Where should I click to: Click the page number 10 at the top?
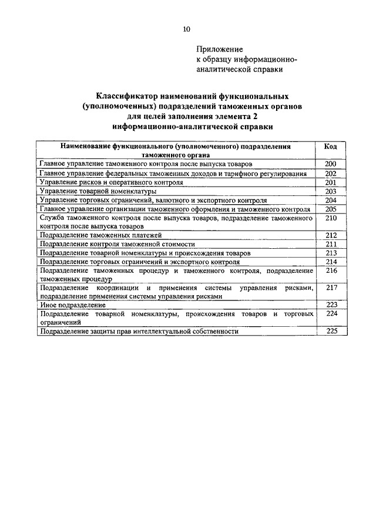tap(187, 29)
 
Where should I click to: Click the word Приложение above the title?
tap(219, 50)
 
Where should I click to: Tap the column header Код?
tap(330, 146)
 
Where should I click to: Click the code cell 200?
tap(330, 165)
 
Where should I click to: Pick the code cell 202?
tap(330, 174)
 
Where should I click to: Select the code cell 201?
tap(330, 182)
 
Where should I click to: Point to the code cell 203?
tap(330, 191)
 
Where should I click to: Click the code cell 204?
tap(330, 199)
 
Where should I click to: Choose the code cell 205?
tap(330, 208)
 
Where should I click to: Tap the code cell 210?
tap(330, 218)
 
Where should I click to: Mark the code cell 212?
tap(330, 235)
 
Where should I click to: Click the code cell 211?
tap(330, 243)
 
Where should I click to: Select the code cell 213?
tap(330, 252)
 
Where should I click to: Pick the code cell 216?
tap(330, 270)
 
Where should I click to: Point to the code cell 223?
tap(330, 305)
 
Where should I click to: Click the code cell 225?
tap(330, 331)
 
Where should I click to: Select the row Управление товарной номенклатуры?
tap(98, 191)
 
